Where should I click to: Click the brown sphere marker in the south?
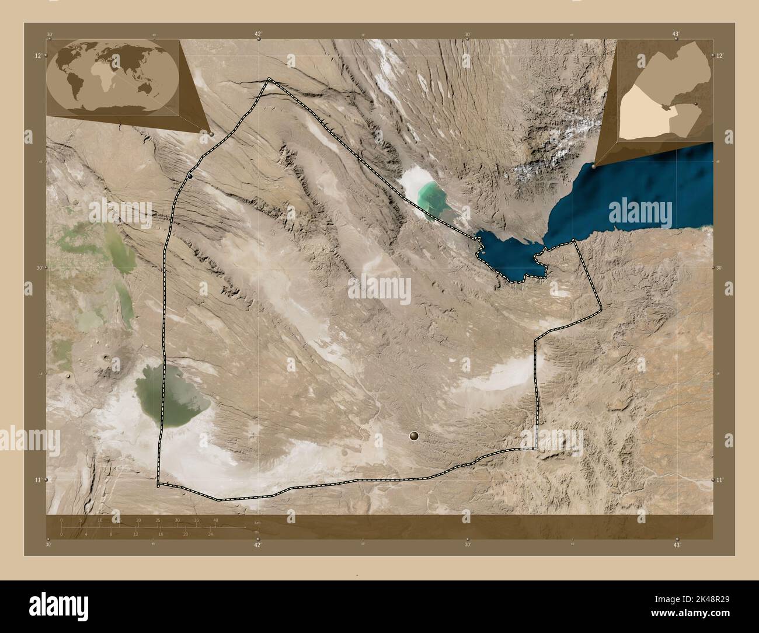click(414, 436)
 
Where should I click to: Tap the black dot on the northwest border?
click(190, 176)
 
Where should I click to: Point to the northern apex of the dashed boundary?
click(269, 79)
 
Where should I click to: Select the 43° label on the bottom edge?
click(677, 545)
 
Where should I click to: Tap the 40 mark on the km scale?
click(215, 520)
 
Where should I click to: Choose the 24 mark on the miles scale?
click(211, 534)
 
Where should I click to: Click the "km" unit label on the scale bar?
click(256, 522)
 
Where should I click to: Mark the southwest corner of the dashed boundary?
click(158, 485)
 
